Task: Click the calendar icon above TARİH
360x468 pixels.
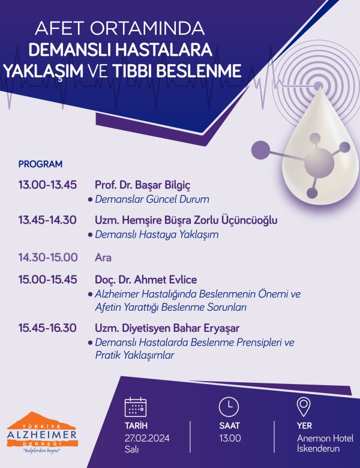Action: point(135,407)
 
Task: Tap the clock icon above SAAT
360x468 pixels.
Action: point(229,407)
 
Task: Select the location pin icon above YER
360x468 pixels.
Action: point(304,407)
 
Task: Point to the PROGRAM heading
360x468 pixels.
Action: point(40,164)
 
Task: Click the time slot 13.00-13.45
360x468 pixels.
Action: point(47,185)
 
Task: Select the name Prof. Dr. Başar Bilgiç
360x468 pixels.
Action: point(142,185)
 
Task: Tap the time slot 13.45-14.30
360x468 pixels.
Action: point(47,220)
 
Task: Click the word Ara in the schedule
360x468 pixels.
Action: point(103,257)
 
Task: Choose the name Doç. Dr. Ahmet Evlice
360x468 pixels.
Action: point(146,280)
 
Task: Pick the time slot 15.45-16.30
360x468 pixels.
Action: point(47,328)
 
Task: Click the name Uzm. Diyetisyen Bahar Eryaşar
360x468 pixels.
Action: point(167,328)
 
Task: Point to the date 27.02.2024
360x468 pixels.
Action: point(147,438)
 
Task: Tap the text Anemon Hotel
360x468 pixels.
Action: point(325,438)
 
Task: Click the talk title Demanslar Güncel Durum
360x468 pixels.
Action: point(152,199)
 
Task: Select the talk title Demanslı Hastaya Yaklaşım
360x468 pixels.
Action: point(157,234)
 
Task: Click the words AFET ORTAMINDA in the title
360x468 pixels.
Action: point(120,28)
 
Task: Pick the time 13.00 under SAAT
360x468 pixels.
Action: point(230,438)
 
